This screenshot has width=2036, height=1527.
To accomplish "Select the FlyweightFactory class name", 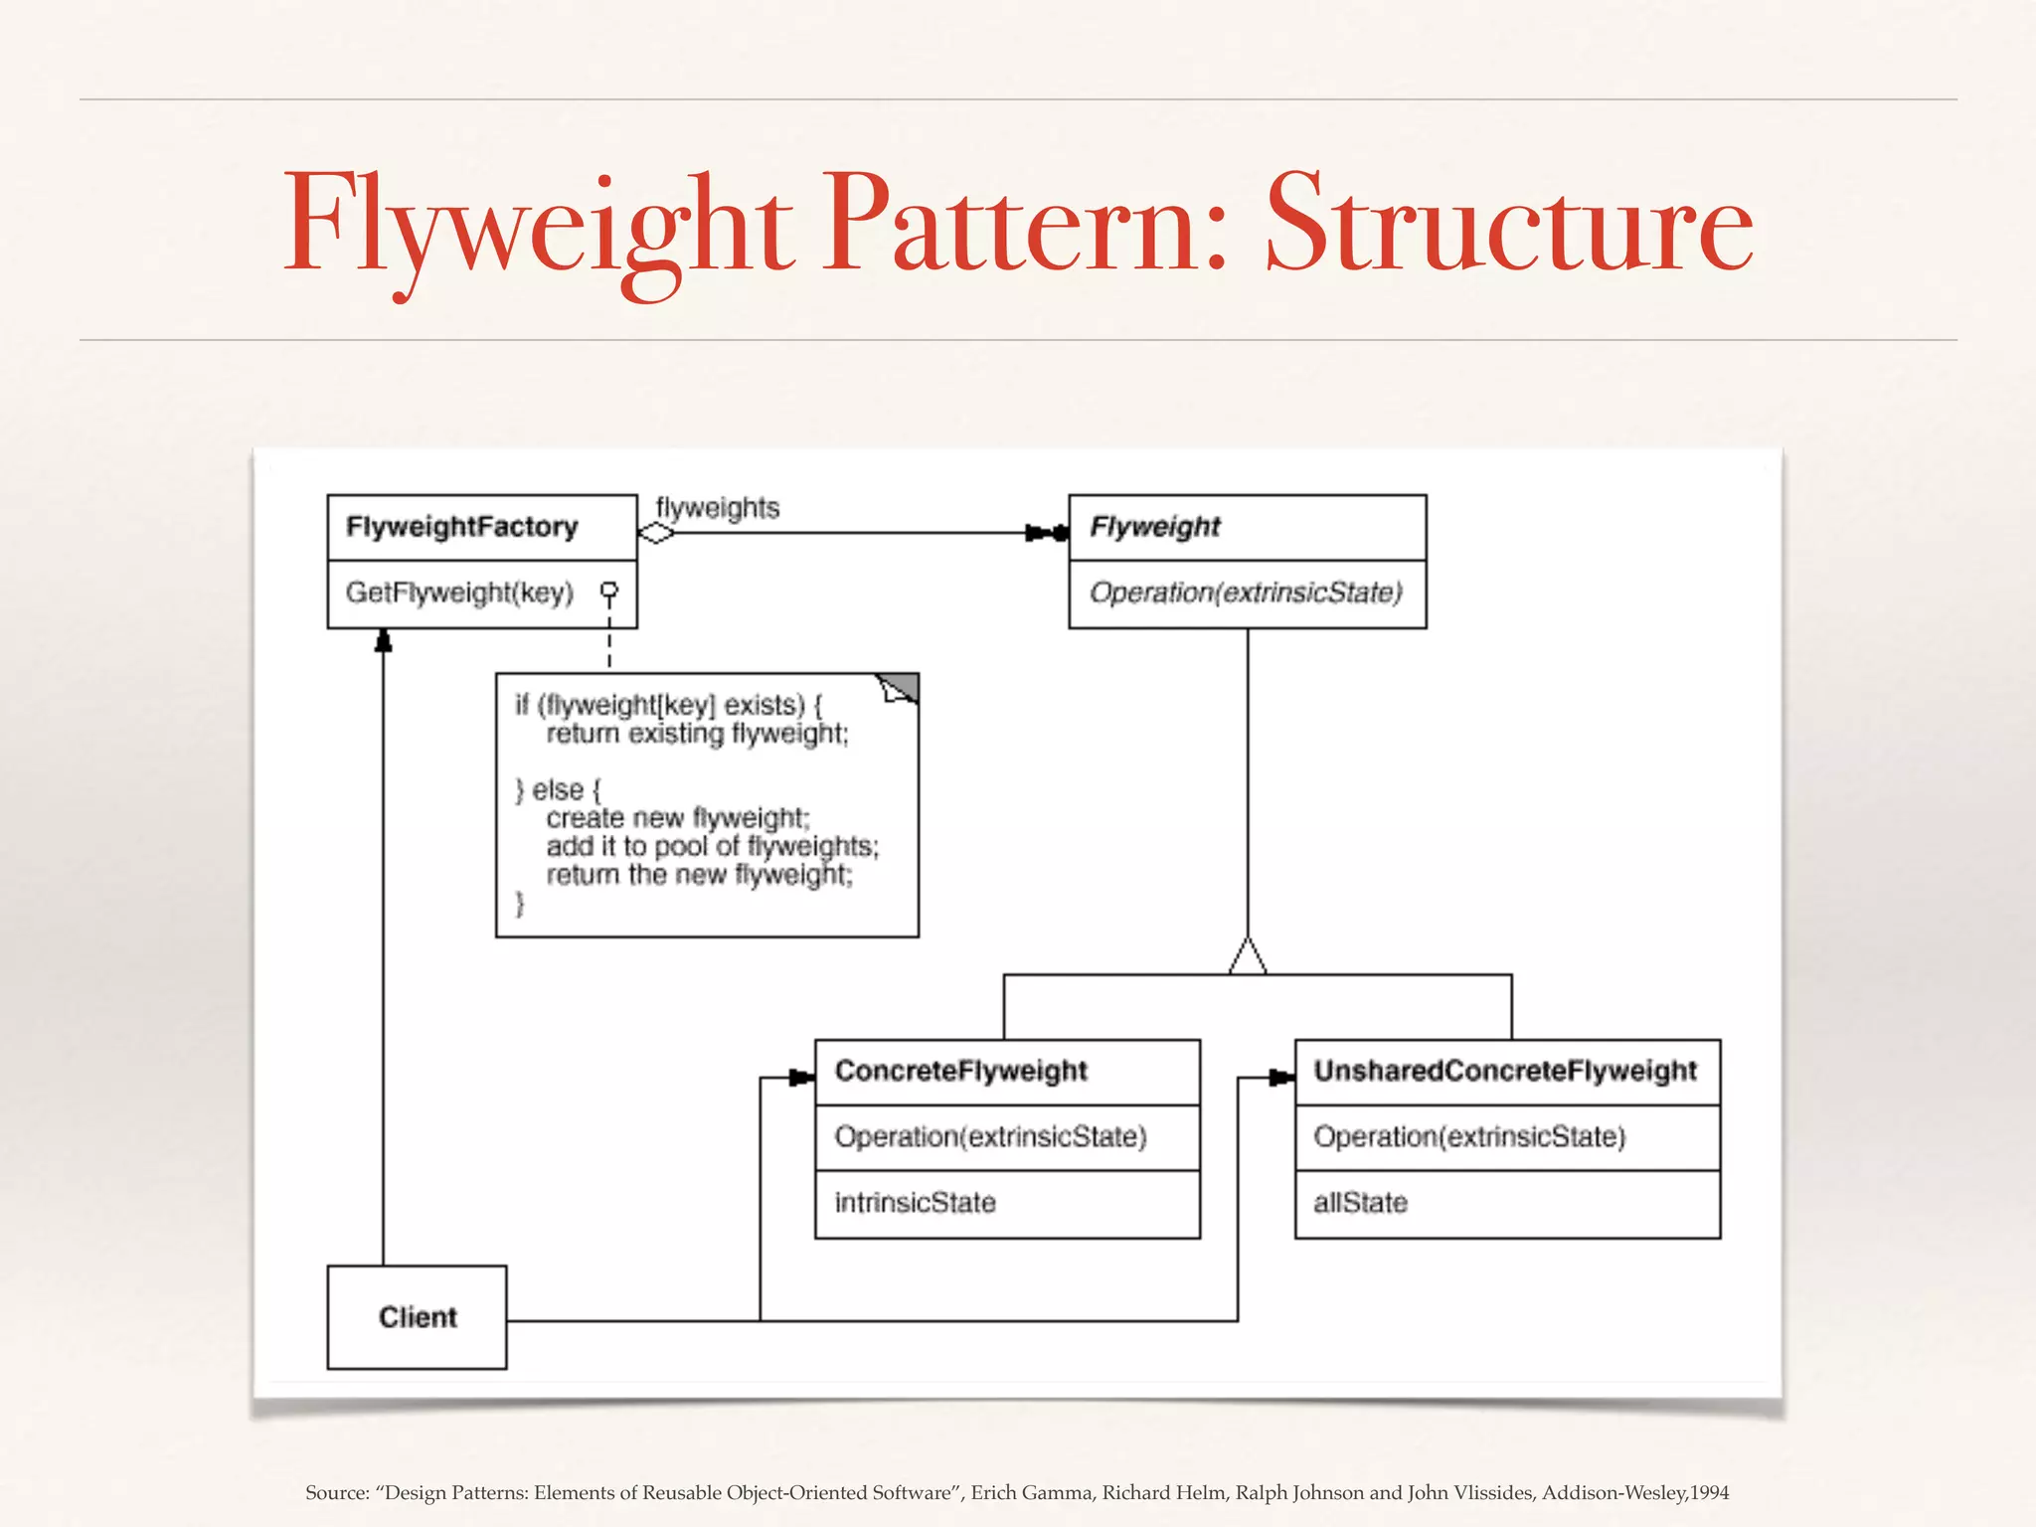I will (461, 527).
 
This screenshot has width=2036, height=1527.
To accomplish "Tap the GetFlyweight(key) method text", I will (459, 593).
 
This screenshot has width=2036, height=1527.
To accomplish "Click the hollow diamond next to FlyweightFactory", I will (655, 534).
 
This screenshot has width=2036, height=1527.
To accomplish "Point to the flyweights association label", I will (717, 508).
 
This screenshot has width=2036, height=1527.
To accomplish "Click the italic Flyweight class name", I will (1154, 527).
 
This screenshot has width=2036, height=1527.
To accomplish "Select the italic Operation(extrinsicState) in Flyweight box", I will (1245, 593).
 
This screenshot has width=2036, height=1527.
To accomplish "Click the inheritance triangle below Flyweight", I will (1248, 956).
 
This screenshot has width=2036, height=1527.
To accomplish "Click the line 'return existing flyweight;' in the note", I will (697, 734).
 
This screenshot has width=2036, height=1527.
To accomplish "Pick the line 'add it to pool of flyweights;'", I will (712, 846).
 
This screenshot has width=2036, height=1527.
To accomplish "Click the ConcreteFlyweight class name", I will (960, 1071).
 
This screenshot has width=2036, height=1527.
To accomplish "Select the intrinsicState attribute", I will (915, 1203).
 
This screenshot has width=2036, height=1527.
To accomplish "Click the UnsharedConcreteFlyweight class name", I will (1505, 1071).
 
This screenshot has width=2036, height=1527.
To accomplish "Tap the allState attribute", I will (1360, 1203).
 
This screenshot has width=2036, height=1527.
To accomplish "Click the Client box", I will (417, 1317).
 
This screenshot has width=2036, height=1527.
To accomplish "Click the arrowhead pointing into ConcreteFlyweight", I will (801, 1078).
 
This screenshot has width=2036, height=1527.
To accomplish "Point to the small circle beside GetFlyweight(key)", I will (609, 591).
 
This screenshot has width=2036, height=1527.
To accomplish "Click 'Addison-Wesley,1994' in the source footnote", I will (1634, 1492).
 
